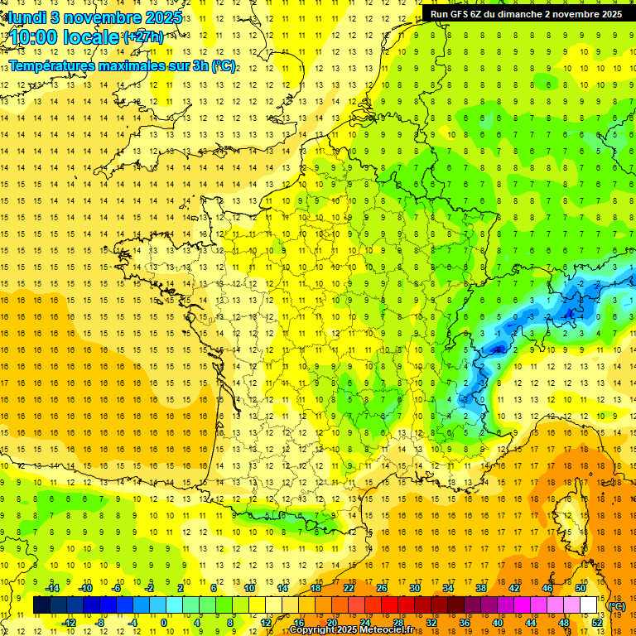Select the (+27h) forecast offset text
click(x=142, y=37)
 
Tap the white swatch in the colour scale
click(x=589, y=605)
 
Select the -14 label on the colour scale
click(x=53, y=588)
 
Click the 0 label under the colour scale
click(x=164, y=623)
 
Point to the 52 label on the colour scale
click(x=597, y=623)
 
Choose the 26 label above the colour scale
click(x=382, y=588)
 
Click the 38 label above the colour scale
click(x=480, y=588)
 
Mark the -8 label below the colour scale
click(x=100, y=623)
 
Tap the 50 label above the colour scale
click(x=580, y=588)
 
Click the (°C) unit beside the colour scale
click(x=616, y=606)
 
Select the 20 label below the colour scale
click(x=331, y=623)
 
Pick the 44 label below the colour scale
click(x=531, y=623)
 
